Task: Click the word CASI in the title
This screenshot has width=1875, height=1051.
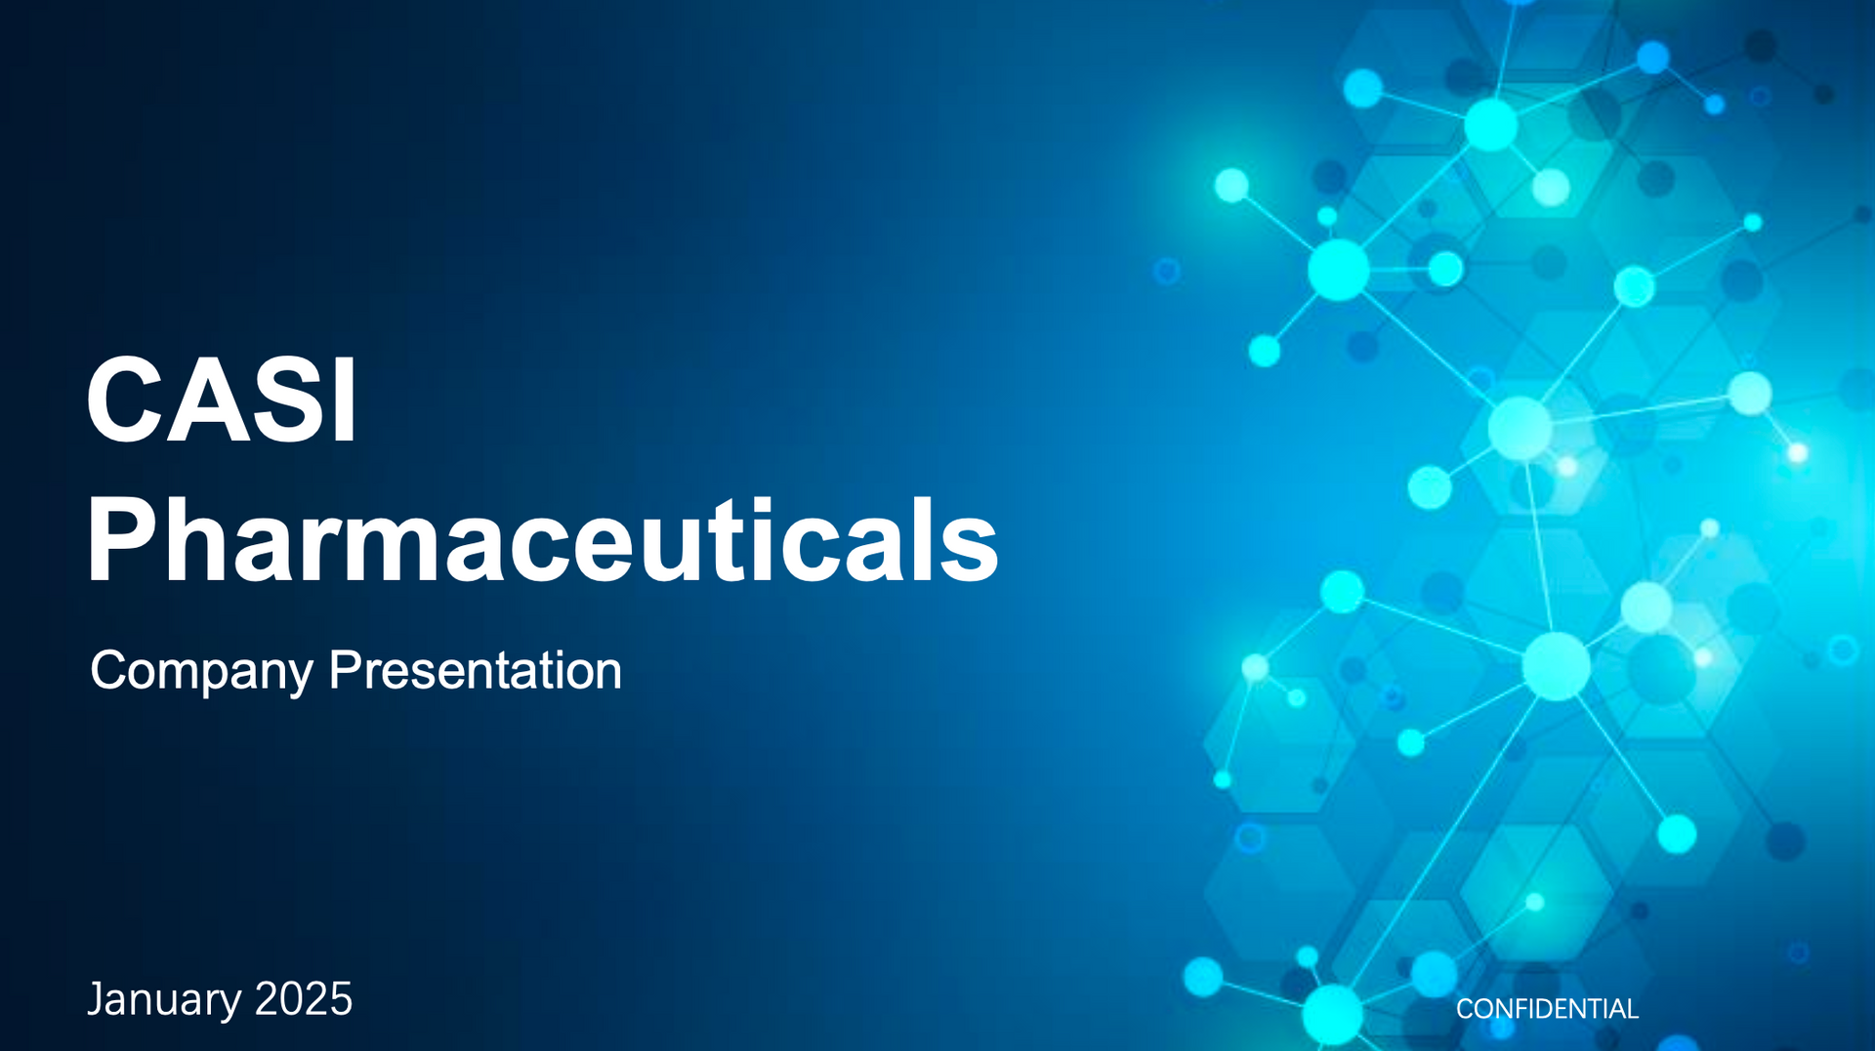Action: (x=222, y=400)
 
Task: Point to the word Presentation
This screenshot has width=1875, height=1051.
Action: (x=475, y=671)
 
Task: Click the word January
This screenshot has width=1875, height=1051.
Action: (x=164, y=999)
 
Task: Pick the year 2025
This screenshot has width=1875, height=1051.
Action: (x=303, y=999)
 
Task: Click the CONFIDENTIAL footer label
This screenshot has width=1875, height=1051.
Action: (x=1547, y=1009)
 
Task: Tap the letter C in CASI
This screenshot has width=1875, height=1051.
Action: (x=123, y=400)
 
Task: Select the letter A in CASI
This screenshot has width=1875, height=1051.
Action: (x=206, y=400)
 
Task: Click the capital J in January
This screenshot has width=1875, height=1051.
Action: (x=96, y=999)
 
